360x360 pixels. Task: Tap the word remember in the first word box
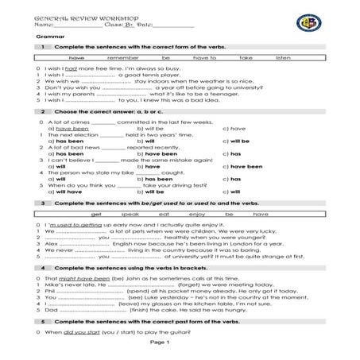122,58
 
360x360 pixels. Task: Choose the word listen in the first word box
283,58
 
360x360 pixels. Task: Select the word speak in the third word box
130,215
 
